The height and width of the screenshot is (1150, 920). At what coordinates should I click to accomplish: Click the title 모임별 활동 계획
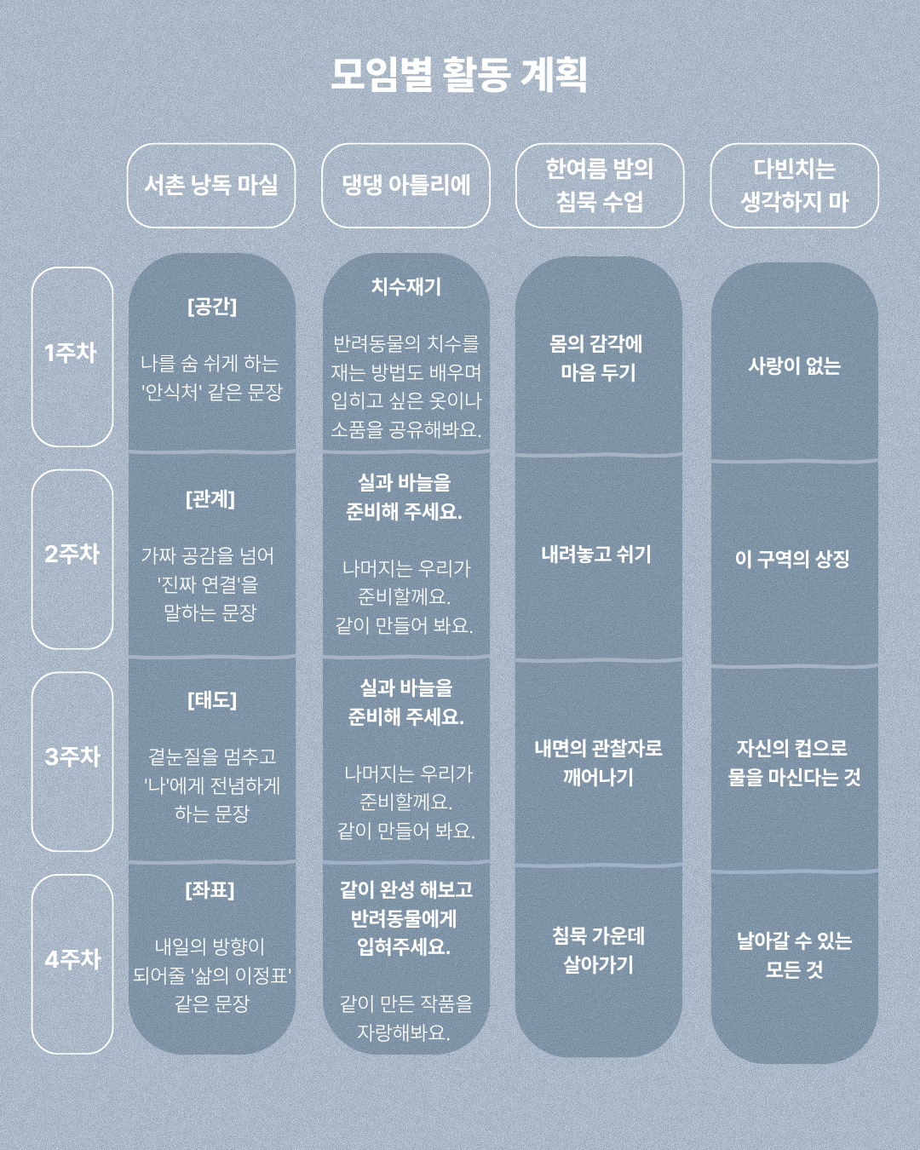pyautogui.click(x=459, y=75)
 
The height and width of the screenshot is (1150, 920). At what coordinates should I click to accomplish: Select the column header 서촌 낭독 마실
pyautogui.click(x=211, y=186)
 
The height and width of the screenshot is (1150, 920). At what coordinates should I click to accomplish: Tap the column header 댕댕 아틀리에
pyautogui.click(x=405, y=186)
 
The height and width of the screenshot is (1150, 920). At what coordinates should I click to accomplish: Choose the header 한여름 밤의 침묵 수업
pyautogui.click(x=599, y=186)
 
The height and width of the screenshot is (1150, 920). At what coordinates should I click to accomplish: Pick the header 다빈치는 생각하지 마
pyautogui.click(x=795, y=186)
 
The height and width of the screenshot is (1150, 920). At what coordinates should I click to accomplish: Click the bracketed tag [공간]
pyautogui.click(x=212, y=306)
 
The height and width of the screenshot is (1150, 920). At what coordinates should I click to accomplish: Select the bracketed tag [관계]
pyautogui.click(x=210, y=499)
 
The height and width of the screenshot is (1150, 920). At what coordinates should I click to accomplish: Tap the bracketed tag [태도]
pyautogui.click(x=212, y=700)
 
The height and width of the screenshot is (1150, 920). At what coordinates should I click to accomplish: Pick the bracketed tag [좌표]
pyautogui.click(x=210, y=890)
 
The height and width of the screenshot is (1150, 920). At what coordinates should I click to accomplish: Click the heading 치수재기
pyautogui.click(x=406, y=286)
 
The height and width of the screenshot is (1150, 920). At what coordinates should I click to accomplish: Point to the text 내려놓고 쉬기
pyautogui.click(x=596, y=555)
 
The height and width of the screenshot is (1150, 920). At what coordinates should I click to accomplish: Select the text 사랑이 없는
pyautogui.click(x=794, y=366)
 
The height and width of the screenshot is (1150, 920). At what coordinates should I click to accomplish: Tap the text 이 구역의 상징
pyautogui.click(x=792, y=559)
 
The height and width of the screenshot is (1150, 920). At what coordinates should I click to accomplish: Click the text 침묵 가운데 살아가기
pyautogui.click(x=598, y=950)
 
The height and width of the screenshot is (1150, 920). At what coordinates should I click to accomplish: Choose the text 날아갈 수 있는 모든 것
pyautogui.click(x=794, y=954)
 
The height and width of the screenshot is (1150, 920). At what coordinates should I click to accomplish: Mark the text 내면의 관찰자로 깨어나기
pyautogui.click(x=598, y=762)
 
